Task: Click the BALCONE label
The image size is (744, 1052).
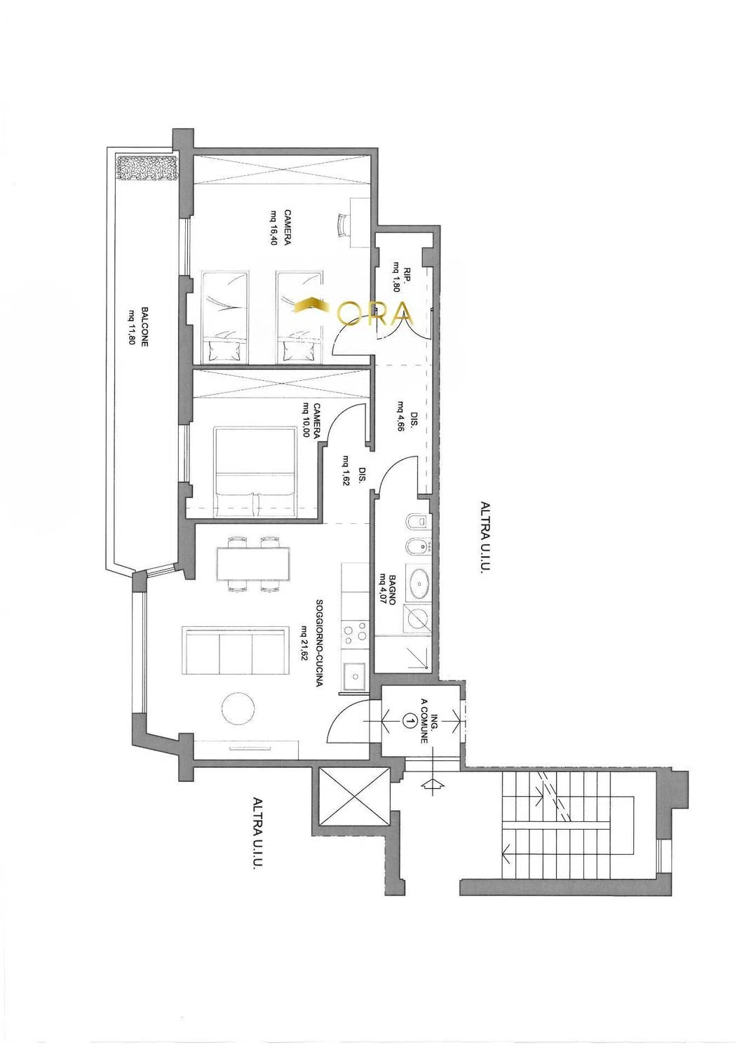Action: click(144, 327)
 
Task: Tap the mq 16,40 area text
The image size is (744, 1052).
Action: click(274, 228)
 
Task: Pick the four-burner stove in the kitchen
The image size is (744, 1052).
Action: click(355, 635)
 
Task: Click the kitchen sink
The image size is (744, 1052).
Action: click(355, 676)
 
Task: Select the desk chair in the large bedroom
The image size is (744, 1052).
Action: click(344, 225)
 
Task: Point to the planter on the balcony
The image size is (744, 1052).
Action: click(147, 168)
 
